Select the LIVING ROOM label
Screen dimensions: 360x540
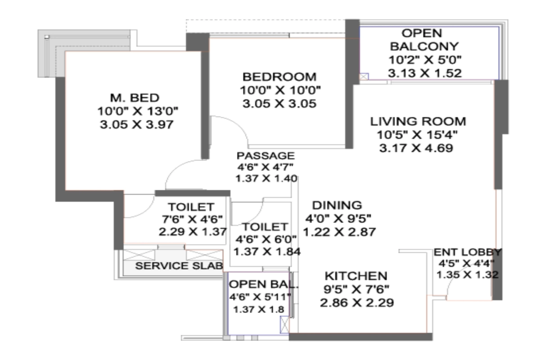pyautogui.click(x=418, y=121)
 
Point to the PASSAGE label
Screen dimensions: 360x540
pyautogui.click(x=265, y=156)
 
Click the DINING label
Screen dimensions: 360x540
pyautogui.click(x=337, y=205)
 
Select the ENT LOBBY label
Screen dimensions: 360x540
pyautogui.click(x=467, y=252)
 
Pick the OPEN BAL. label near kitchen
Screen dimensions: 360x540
pyautogui.click(x=257, y=284)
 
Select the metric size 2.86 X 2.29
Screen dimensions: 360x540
pyautogui.click(x=356, y=303)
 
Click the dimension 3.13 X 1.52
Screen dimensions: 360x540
pyautogui.click(x=425, y=73)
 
